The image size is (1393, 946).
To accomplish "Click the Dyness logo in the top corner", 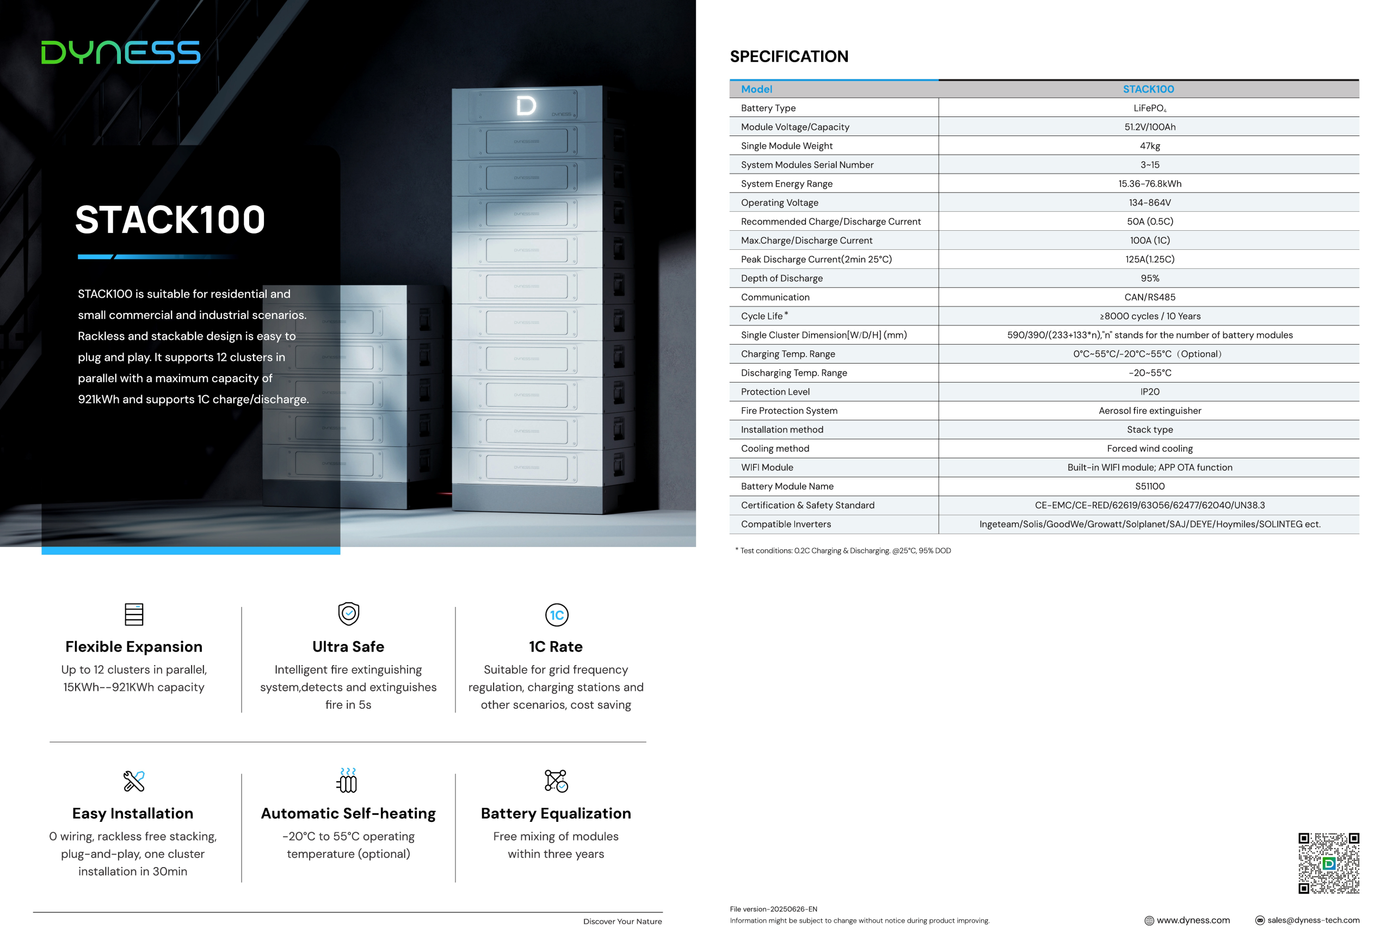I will click(x=120, y=52).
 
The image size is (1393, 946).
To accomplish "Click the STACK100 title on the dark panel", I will click(x=170, y=219).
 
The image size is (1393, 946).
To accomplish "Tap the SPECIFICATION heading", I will click(x=789, y=57).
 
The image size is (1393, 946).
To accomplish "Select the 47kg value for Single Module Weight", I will click(x=1149, y=146).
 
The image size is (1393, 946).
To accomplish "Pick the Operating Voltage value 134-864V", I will click(x=1149, y=202).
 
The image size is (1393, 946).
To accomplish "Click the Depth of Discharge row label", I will click(x=781, y=278).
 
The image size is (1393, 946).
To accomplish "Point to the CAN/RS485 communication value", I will click(x=1149, y=297).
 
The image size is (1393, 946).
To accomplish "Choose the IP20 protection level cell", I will click(x=1149, y=392).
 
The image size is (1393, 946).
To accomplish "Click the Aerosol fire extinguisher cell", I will click(x=1149, y=410).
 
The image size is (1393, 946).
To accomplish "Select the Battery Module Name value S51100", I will click(x=1149, y=486).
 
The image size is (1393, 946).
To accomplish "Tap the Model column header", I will click(x=756, y=89).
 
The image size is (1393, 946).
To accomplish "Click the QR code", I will click(x=1328, y=863).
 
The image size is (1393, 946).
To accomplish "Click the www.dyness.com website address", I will click(x=1192, y=920).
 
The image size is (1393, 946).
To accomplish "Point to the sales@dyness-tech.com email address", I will click(x=1312, y=920).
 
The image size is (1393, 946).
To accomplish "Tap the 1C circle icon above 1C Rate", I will click(x=556, y=615).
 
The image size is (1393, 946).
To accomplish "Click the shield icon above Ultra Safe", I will click(x=348, y=613).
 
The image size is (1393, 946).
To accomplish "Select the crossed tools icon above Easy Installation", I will click(x=134, y=781).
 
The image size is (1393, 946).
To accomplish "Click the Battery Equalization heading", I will click(x=556, y=814).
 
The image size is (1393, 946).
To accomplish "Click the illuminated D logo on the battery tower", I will click(x=526, y=106).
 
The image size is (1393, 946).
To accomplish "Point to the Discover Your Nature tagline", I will click(x=622, y=922).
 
